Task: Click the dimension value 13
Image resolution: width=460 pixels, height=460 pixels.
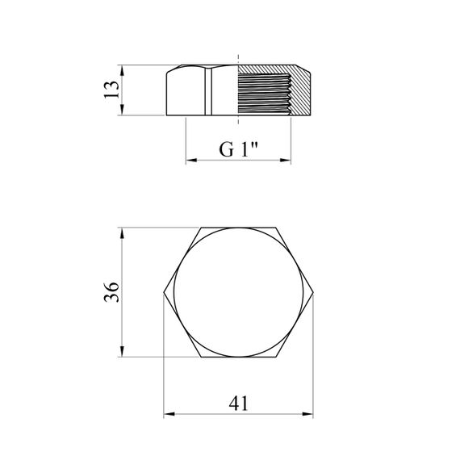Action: click(x=112, y=90)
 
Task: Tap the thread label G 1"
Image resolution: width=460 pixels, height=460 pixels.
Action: click(x=238, y=149)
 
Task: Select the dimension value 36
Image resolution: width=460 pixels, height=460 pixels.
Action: click(x=112, y=292)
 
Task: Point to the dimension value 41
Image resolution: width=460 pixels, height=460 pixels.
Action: click(x=238, y=404)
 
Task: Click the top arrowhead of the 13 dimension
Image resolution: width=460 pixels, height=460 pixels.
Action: click(x=122, y=70)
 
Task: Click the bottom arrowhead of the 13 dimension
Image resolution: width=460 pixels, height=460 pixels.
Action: click(x=122, y=110)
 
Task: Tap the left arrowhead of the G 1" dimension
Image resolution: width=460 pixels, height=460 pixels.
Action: click(x=191, y=160)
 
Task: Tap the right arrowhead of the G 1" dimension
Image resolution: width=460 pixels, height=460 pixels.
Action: click(x=286, y=160)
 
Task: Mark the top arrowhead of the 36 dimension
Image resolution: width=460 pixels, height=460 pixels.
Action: click(x=122, y=233)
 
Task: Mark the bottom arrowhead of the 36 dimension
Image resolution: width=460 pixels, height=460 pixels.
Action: click(x=122, y=351)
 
